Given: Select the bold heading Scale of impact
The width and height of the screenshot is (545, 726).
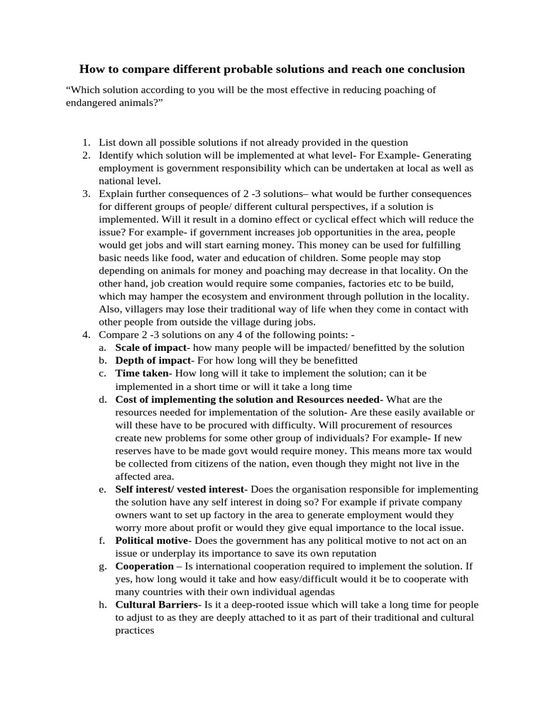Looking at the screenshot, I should pos(150,347).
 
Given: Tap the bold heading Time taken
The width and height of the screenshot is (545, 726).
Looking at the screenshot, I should pos(142,373).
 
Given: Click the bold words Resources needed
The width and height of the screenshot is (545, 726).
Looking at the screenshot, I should pos(338,399).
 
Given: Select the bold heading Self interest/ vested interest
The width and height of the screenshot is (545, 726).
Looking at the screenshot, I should pos(180,489).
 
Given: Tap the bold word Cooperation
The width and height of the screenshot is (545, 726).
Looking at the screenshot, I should pos(144,566).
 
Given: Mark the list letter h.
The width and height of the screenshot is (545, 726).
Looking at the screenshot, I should pos(102,605).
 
